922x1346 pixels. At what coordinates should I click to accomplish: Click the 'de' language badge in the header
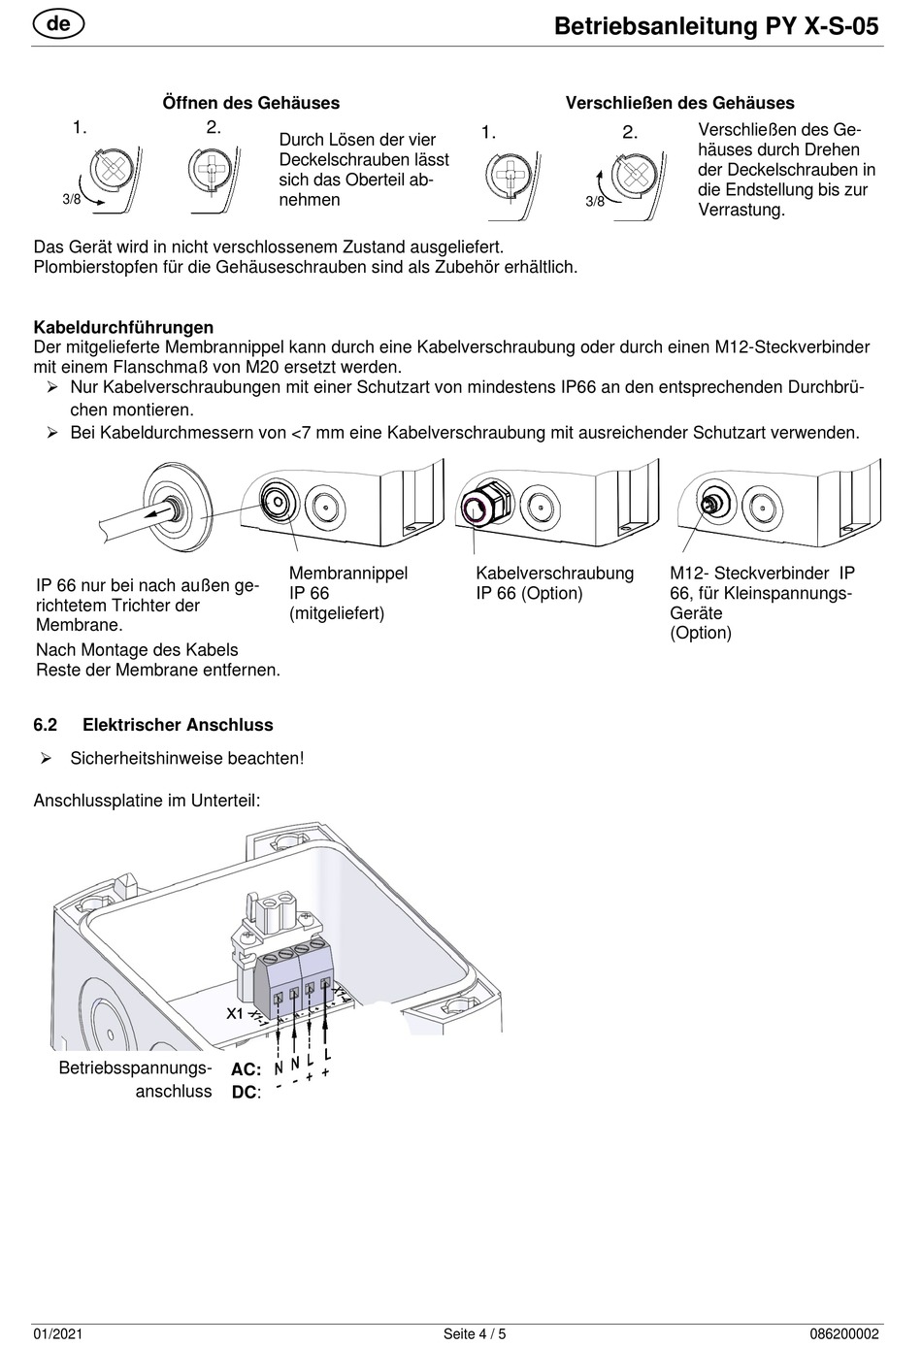tap(58, 23)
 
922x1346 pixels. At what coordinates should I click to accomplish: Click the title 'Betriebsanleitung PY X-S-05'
tap(716, 26)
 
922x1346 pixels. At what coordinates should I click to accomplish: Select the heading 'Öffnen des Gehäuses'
tap(250, 103)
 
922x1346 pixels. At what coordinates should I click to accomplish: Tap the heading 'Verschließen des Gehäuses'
tap(679, 103)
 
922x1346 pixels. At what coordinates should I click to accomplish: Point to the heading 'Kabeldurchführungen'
tap(123, 327)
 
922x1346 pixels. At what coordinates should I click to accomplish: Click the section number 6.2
tap(46, 725)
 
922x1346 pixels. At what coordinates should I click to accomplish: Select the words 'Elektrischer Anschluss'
tap(178, 725)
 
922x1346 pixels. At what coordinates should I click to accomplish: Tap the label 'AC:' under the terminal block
tap(246, 1069)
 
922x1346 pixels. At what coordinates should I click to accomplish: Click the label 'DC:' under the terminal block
tap(246, 1093)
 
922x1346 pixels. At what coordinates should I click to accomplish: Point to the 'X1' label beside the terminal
tap(235, 1013)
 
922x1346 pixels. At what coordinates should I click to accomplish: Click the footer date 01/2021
tap(54, 1334)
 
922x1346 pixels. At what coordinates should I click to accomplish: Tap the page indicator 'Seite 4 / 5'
tap(475, 1334)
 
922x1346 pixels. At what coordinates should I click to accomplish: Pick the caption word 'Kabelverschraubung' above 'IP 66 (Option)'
tap(554, 574)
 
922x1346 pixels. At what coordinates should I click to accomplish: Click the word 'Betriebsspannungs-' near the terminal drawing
tap(135, 1068)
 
